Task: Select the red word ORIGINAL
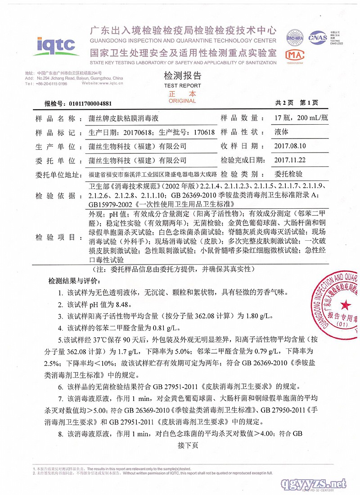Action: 182,101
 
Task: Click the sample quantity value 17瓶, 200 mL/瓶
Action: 301,118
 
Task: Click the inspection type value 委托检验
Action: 288,174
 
